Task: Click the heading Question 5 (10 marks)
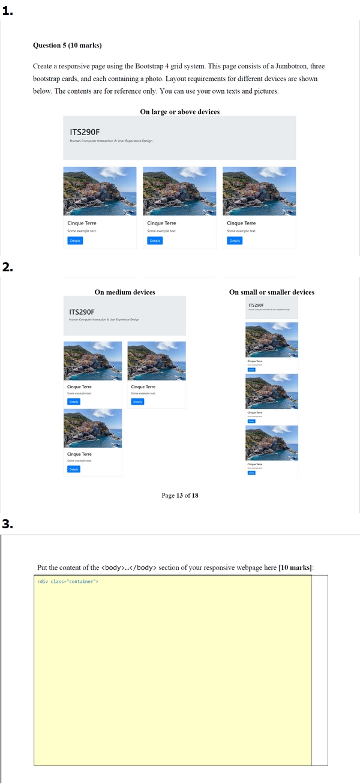click(x=67, y=46)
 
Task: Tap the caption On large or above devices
click(x=179, y=112)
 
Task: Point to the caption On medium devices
click(x=125, y=292)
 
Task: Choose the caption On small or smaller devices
click(x=271, y=292)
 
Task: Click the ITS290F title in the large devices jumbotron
click(x=85, y=131)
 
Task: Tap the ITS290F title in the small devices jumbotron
click(x=256, y=305)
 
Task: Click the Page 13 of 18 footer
click(x=179, y=495)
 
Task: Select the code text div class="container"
click(x=68, y=581)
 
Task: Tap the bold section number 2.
click(x=8, y=268)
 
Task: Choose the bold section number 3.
click(x=8, y=524)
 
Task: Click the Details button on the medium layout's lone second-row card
click(x=74, y=469)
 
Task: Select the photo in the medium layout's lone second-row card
click(x=92, y=428)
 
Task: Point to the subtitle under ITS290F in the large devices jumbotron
click(x=111, y=141)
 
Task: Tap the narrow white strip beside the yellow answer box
click(x=320, y=669)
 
